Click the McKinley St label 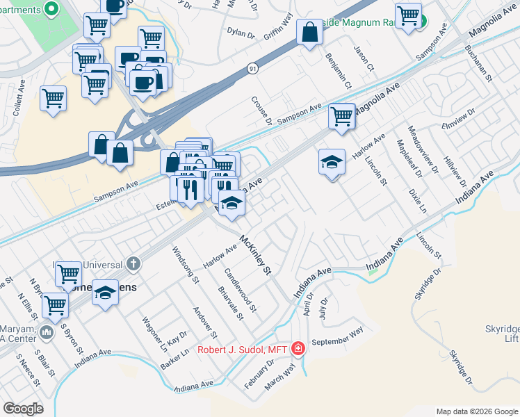[x=254, y=256]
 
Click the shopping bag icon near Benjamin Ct [x=309, y=31]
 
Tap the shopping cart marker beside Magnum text [x=408, y=15]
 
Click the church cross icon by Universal [x=133, y=265]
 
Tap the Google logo [x=23, y=409]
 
